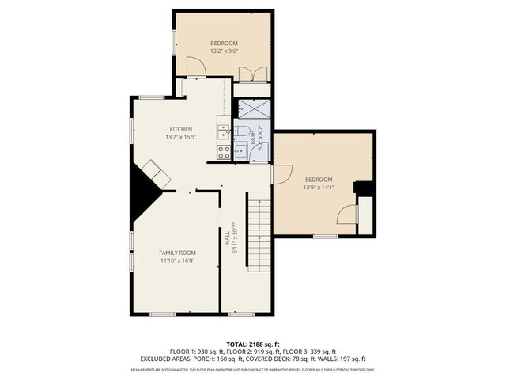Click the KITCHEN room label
click(181, 129)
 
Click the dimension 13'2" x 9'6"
click(224, 51)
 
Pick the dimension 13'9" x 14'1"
click(319, 188)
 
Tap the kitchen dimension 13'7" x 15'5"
click(181, 137)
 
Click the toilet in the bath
click(244, 131)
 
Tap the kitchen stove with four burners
click(224, 152)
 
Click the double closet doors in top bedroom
click(252, 74)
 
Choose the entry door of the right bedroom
click(282, 173)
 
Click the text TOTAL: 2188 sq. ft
click(253, 344)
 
